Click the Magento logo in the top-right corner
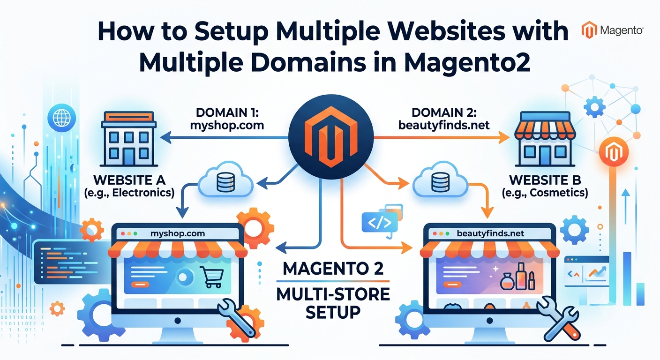point(612,30)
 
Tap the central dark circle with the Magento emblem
point(331,137)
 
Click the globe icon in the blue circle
point(61,118)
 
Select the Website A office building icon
point(129,139)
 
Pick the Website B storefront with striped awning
point(545,139)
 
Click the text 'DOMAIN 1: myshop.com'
point(227,119)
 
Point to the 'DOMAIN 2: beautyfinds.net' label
point(444,119)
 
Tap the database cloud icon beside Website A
point(225,180)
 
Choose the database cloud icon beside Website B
point(440,180)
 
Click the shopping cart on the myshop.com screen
point(211,277)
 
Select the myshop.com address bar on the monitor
point(178,233)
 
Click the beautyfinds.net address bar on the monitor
point(489,233)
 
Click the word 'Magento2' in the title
point(467,62)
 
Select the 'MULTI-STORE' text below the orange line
point(333,294)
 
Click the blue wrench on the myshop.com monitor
point(236,318)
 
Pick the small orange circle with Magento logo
point(614,152)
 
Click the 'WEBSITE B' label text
point(545,180)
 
